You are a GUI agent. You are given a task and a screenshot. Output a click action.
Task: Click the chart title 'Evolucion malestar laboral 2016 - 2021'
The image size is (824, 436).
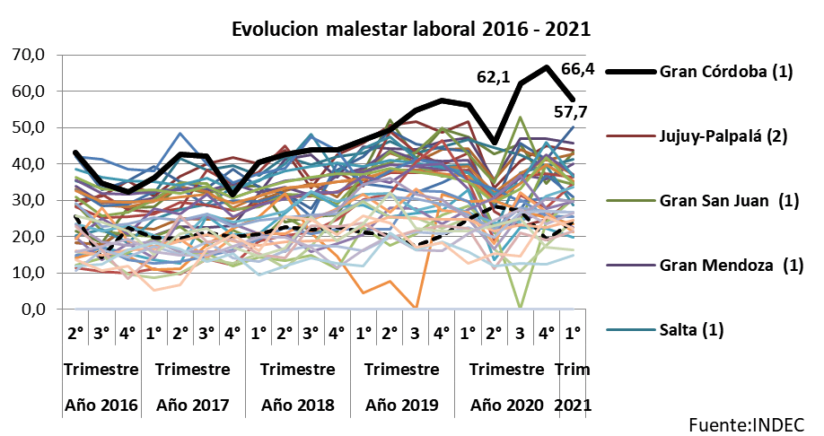click(411, 29)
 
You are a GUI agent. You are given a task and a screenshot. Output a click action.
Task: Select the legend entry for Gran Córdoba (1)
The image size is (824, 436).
click(725, 72)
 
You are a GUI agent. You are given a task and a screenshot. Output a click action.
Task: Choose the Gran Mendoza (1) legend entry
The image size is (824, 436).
click(725, 266)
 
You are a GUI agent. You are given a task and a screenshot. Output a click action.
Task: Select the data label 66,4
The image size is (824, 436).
click(578, 69)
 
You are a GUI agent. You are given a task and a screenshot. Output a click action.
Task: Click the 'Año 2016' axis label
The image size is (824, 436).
click(101, 405)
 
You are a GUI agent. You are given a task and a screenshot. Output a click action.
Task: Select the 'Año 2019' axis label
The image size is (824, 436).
click(402, 405)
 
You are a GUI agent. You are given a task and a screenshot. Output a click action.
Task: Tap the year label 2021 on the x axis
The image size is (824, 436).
click(574, 405)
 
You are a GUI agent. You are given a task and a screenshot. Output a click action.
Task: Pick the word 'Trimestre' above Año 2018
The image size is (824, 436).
click(297, 370)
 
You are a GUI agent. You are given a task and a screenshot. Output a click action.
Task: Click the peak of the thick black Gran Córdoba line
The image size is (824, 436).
click(547, 67)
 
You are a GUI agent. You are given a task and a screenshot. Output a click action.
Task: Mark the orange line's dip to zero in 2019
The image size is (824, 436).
click(416, 308)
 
